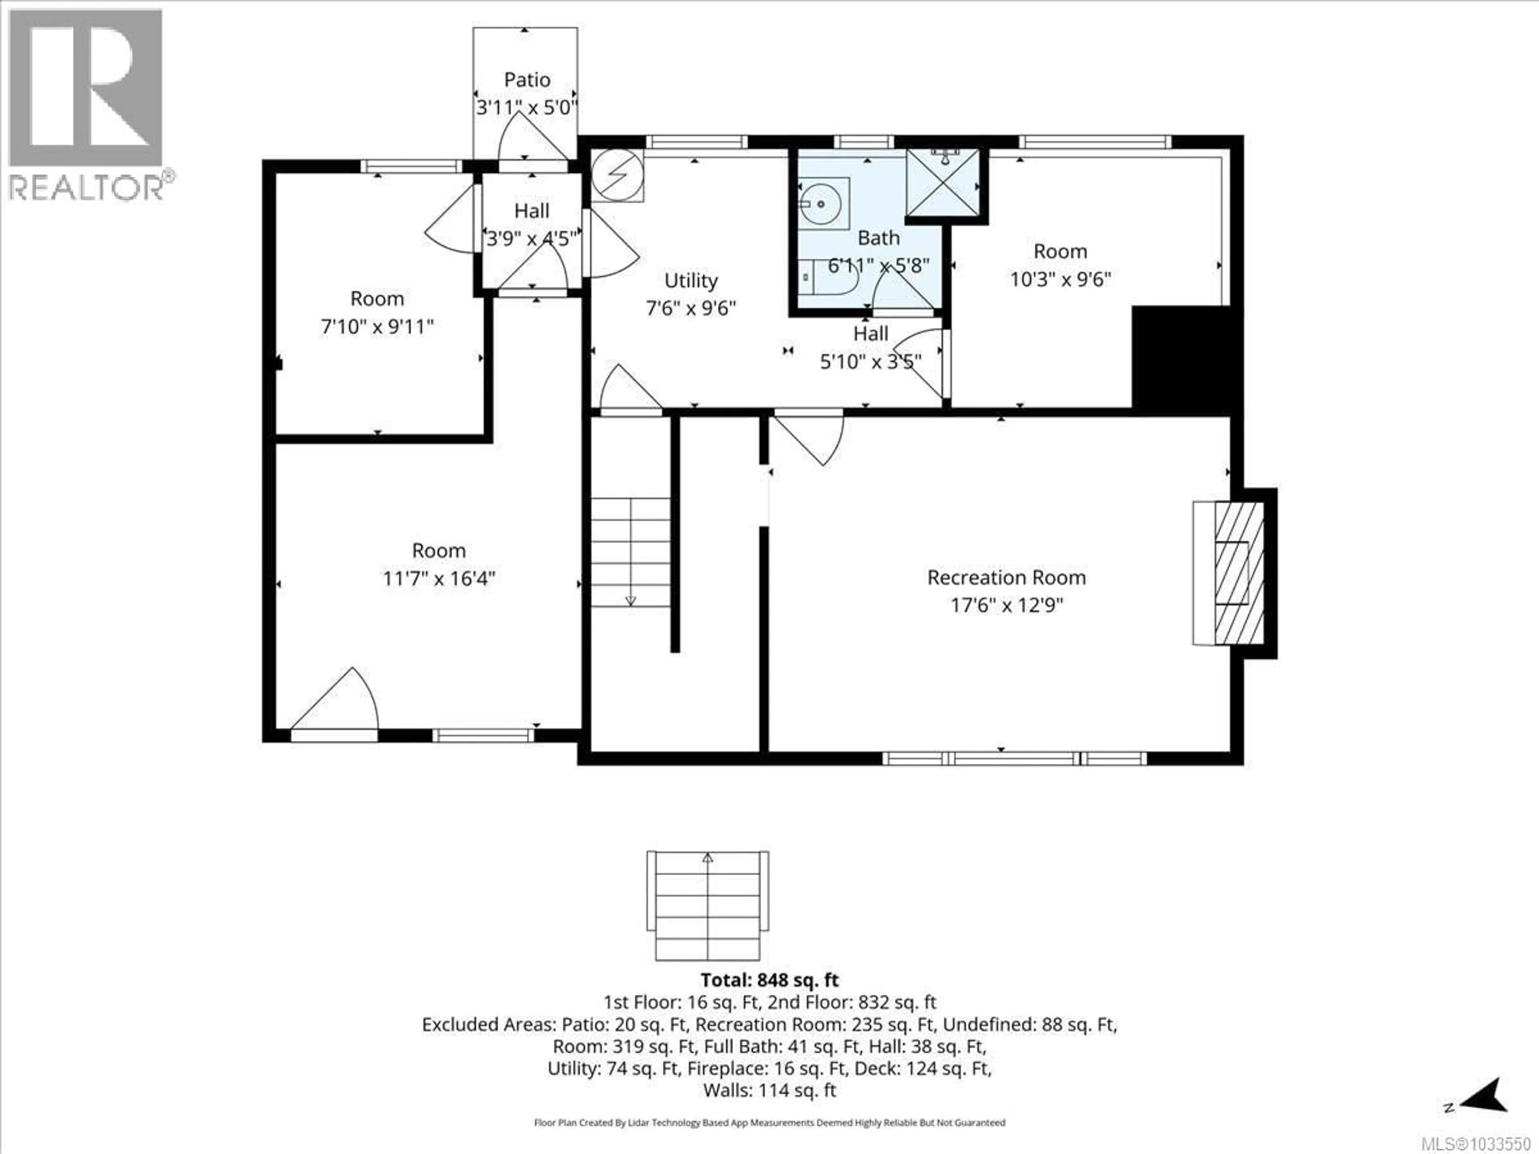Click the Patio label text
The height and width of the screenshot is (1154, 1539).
[527, 80]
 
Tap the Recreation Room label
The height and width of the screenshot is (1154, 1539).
[1006, 577]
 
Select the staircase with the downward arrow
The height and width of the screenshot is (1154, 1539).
[630, 552]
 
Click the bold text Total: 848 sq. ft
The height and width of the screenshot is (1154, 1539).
[769, 980]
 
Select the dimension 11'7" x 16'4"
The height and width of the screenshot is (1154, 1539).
[438, 579]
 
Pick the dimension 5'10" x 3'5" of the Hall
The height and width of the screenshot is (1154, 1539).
[870, 362]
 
